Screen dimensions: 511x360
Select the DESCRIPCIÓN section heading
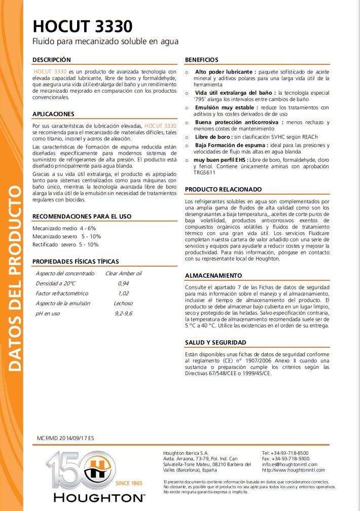tap(52, 60)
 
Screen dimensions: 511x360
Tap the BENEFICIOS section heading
tap(202, 60)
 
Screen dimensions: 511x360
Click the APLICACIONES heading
tap(53, 114)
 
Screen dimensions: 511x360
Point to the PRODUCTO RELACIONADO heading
tap(224, 190)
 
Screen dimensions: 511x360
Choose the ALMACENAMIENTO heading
tap(213, 276)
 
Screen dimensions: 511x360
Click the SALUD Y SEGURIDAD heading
tap(215, 343)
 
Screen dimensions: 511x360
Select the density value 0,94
tap(123, 283)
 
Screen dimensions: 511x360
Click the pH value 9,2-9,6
tap(123, 313)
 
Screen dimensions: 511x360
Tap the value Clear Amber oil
tap(123, 273)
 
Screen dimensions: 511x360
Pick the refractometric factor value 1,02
tap(123, 294)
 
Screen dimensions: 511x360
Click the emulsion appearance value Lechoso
tap(123, 303)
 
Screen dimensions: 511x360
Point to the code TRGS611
tap(204, 172)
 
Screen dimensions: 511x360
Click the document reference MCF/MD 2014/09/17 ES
tap(65, 437)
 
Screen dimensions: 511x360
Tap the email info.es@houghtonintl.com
tap(290, 464)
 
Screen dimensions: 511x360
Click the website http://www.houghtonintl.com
tap(293, 470)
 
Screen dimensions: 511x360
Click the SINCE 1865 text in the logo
tap(129, 483)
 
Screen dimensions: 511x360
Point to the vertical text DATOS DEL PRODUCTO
tap(14, 279)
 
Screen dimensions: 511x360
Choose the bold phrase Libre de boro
tap(213, 137)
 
